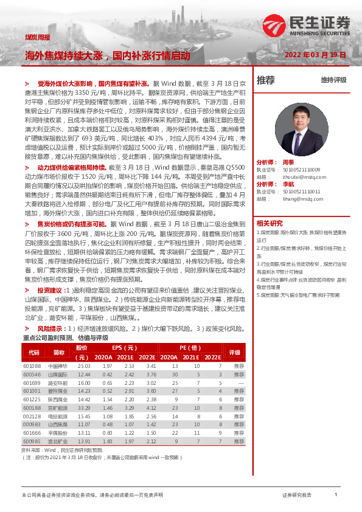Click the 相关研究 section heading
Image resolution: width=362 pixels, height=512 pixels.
click(x=270, y=223)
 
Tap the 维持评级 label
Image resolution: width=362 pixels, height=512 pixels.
click(x=333, y=80)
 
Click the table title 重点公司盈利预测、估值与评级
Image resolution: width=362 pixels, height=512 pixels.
click(x=65, y=337)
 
